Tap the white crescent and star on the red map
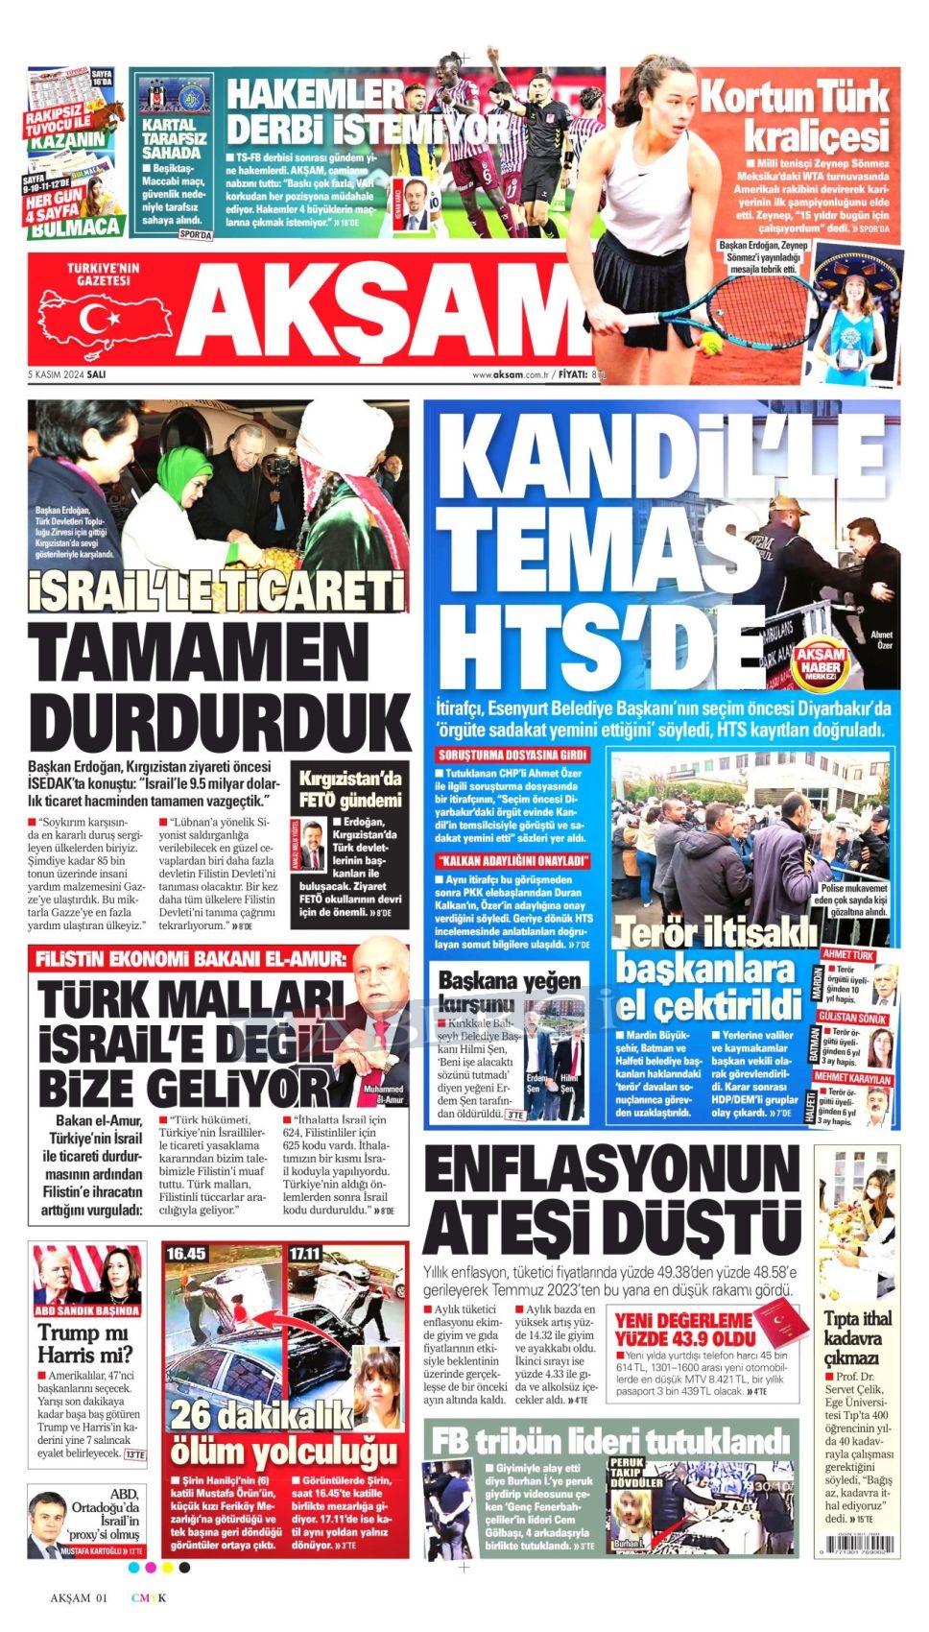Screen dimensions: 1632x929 [x=97, y=319]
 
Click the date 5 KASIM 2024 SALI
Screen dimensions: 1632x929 [x=67, y=374]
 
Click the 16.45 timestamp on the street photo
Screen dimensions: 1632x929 [x=186, y=1254]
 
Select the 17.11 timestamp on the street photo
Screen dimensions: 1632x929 [x=305, y=1254]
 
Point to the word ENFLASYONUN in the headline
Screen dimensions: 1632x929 [x=612, y=1177]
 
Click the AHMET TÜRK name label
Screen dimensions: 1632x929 [x=848, y=955]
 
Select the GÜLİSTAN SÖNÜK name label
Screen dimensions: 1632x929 [x=853, y=1018]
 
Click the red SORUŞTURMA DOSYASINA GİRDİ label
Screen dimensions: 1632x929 [x=512, y=755]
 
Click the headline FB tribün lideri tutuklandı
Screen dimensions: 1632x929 [x=610, y=1441]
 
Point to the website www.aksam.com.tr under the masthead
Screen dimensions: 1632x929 [x=510, y=374]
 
